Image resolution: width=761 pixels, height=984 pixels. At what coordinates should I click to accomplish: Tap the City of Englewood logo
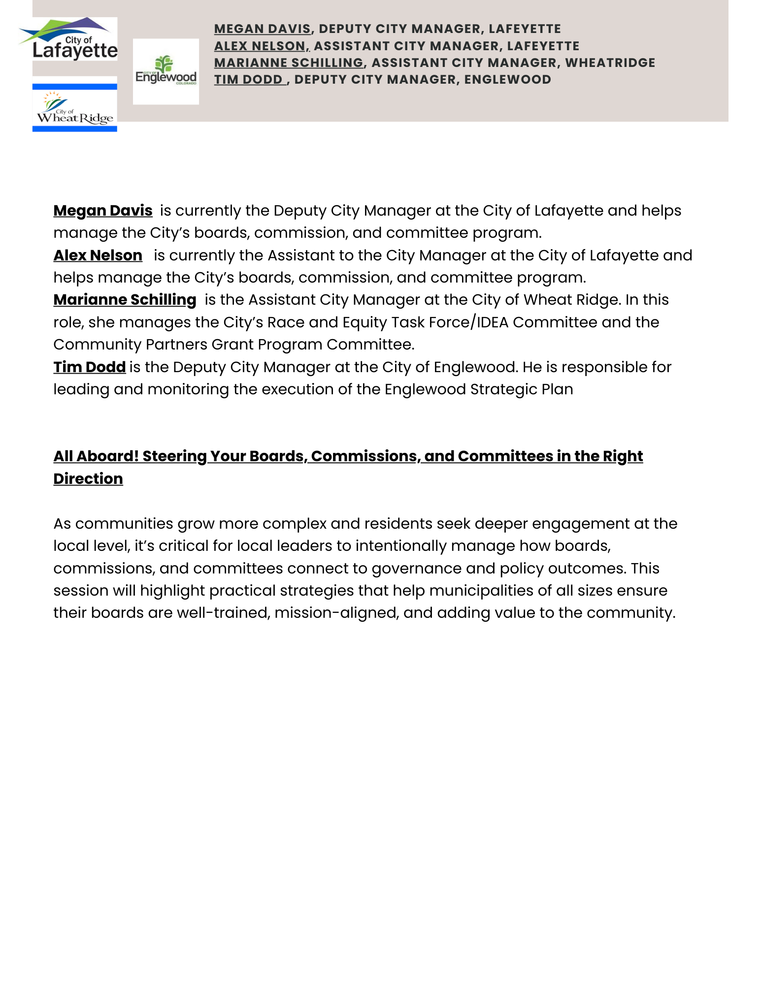pos(166,71)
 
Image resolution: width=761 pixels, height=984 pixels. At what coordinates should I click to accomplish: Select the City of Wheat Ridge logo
pos(75,107)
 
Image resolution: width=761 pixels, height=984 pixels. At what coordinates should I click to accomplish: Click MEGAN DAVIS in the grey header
pos(263,29)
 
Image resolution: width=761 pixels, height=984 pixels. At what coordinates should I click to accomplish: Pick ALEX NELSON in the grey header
pos(261,46)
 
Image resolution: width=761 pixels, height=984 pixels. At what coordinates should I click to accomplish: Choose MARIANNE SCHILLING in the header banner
pos(289,63)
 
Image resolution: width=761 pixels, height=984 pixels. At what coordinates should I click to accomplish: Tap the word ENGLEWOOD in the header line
pos(507,79)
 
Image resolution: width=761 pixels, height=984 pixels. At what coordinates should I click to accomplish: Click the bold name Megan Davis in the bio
pos(103,211)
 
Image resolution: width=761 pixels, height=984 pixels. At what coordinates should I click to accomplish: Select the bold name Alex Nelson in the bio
pos(98,255)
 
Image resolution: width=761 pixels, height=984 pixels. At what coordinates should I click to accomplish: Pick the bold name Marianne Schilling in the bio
pos(125,300)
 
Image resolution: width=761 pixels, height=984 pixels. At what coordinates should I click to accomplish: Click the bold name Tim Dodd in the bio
pos(90,367)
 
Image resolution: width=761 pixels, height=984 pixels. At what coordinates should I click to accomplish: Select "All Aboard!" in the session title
pos(96,456)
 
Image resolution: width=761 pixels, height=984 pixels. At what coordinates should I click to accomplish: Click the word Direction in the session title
pos(88,479)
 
